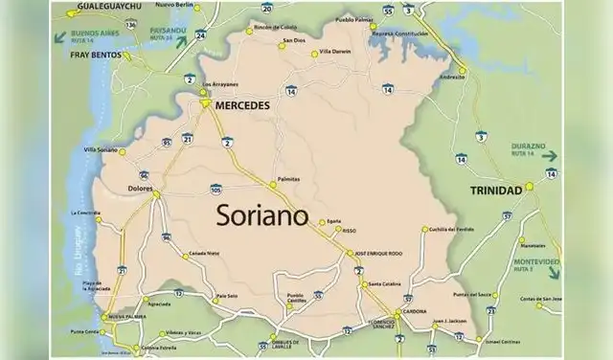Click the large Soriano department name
point(261,214)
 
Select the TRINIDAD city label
point(495,190)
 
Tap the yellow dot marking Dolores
point(156,193)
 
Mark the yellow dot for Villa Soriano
point(122,151)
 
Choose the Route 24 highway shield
point(200,34)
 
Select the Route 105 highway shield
point(216,189)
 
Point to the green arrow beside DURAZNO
point(549,155)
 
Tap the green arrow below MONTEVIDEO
point(553,273)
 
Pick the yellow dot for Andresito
point(462,70)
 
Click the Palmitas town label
point(288,179)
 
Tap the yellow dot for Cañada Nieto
point(186,255)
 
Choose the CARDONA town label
point(413,312)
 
